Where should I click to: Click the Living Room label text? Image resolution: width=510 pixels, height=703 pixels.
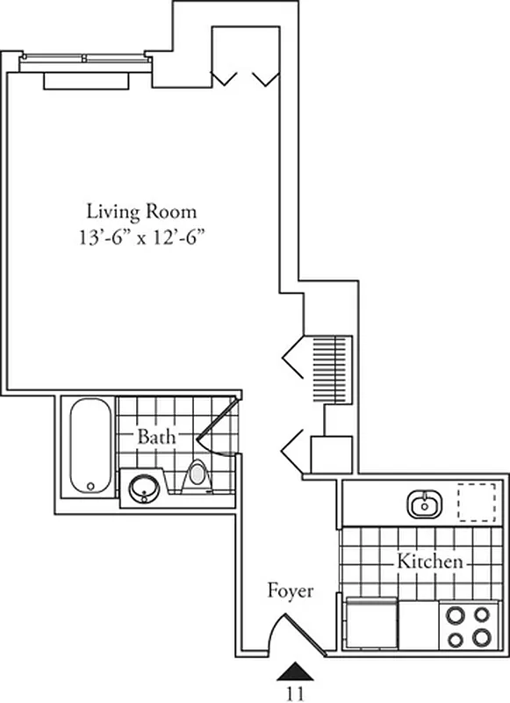pyautogui.click(x=140, y=212)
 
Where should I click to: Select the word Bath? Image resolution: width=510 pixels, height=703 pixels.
pyautogui.click(x=155, y=437)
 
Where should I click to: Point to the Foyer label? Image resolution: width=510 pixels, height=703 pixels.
pyautogui.click(x=290, y=591)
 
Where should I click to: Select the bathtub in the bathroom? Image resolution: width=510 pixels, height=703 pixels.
pyautogui.click(x=90, y=446)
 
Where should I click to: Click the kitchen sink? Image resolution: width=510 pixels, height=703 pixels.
pyautogui.click(x=425, y=504)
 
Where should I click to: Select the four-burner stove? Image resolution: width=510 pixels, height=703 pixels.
pyautogui.click(x=468, y=626)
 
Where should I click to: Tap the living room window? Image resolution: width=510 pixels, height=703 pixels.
pyautogui.click(x=85, y=60)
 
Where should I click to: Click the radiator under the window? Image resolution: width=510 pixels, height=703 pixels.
pyautogui.click(x=88, y=80)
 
